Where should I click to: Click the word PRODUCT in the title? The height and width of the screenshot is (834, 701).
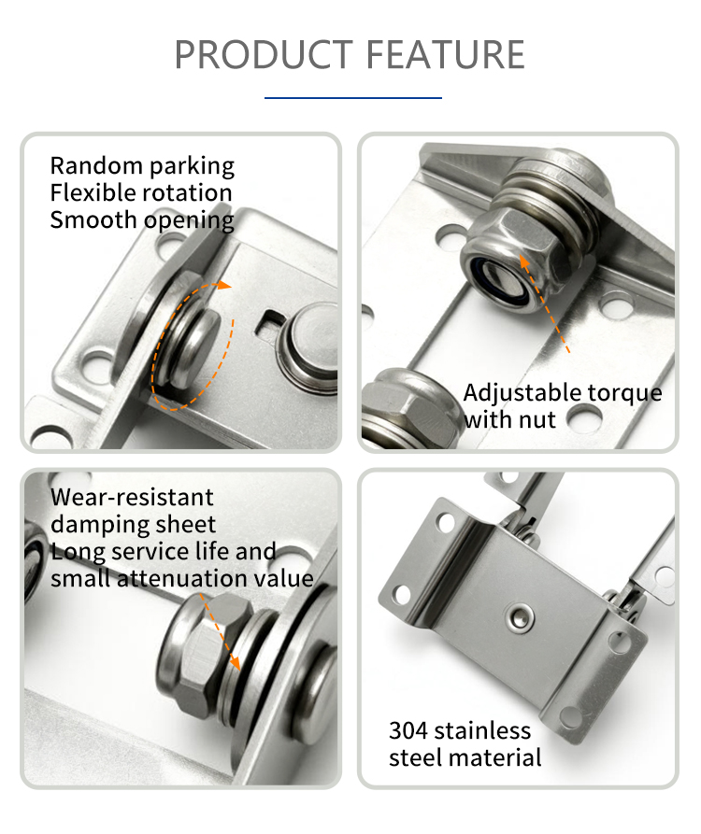tap(264, 54)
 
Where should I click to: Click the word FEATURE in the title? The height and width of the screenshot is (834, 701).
tap(445, 54)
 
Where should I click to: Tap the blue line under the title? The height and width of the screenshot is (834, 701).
tap(353, 98)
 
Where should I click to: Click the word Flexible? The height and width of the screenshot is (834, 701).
tap(92, 192)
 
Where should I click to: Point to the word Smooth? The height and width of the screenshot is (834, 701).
tap(93, 219)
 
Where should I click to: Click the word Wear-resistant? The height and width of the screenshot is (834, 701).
tap(132, 497)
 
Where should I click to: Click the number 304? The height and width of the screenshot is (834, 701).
tap(408, 731)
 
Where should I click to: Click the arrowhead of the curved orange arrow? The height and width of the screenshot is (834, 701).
tap(225, 285)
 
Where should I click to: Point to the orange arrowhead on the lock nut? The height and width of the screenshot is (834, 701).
tap(524, 261)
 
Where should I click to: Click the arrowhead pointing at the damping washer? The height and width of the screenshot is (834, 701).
tap(235, 663)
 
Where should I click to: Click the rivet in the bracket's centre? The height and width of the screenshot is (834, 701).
tap(519, 617)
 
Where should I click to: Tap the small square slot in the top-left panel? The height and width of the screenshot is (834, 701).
tap(270, 321)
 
